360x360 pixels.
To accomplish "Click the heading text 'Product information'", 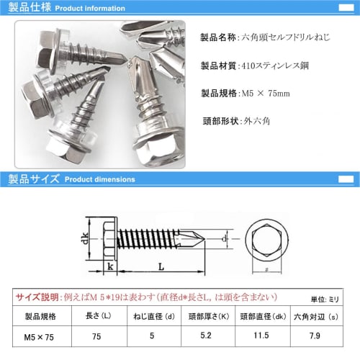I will click(90, 9).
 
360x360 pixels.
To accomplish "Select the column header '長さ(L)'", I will click(97, 315).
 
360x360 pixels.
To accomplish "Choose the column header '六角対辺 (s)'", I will click(315, 315).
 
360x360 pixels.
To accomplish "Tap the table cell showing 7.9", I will click(315, 336).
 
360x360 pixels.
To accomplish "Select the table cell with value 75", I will click(97, 336).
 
